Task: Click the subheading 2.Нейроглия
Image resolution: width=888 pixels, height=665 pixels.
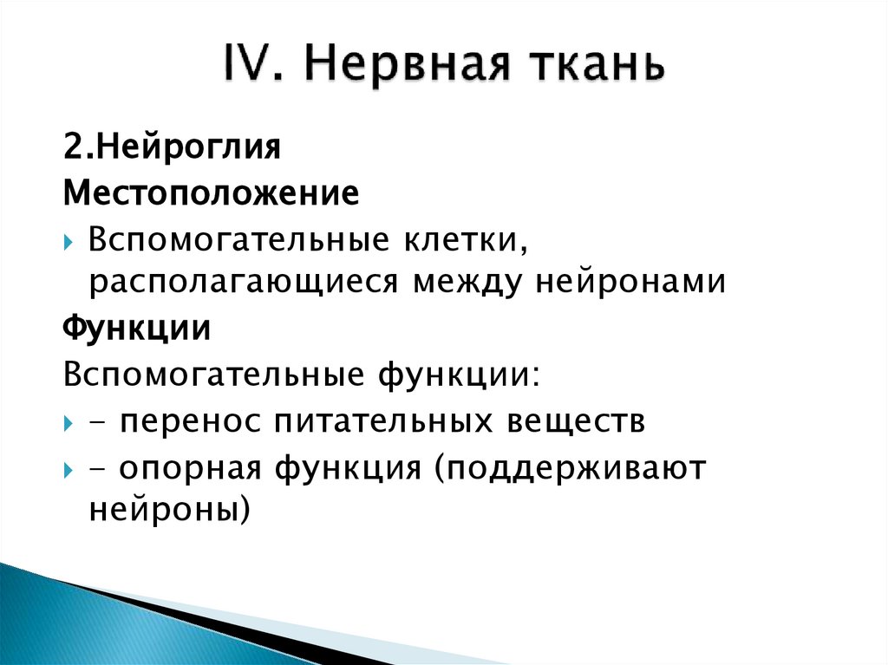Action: click(x=171, y=147)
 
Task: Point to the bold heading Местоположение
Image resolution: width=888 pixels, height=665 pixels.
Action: click(x=210, y=192)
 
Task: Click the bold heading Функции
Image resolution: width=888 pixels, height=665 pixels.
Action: click(x=136, y=329)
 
